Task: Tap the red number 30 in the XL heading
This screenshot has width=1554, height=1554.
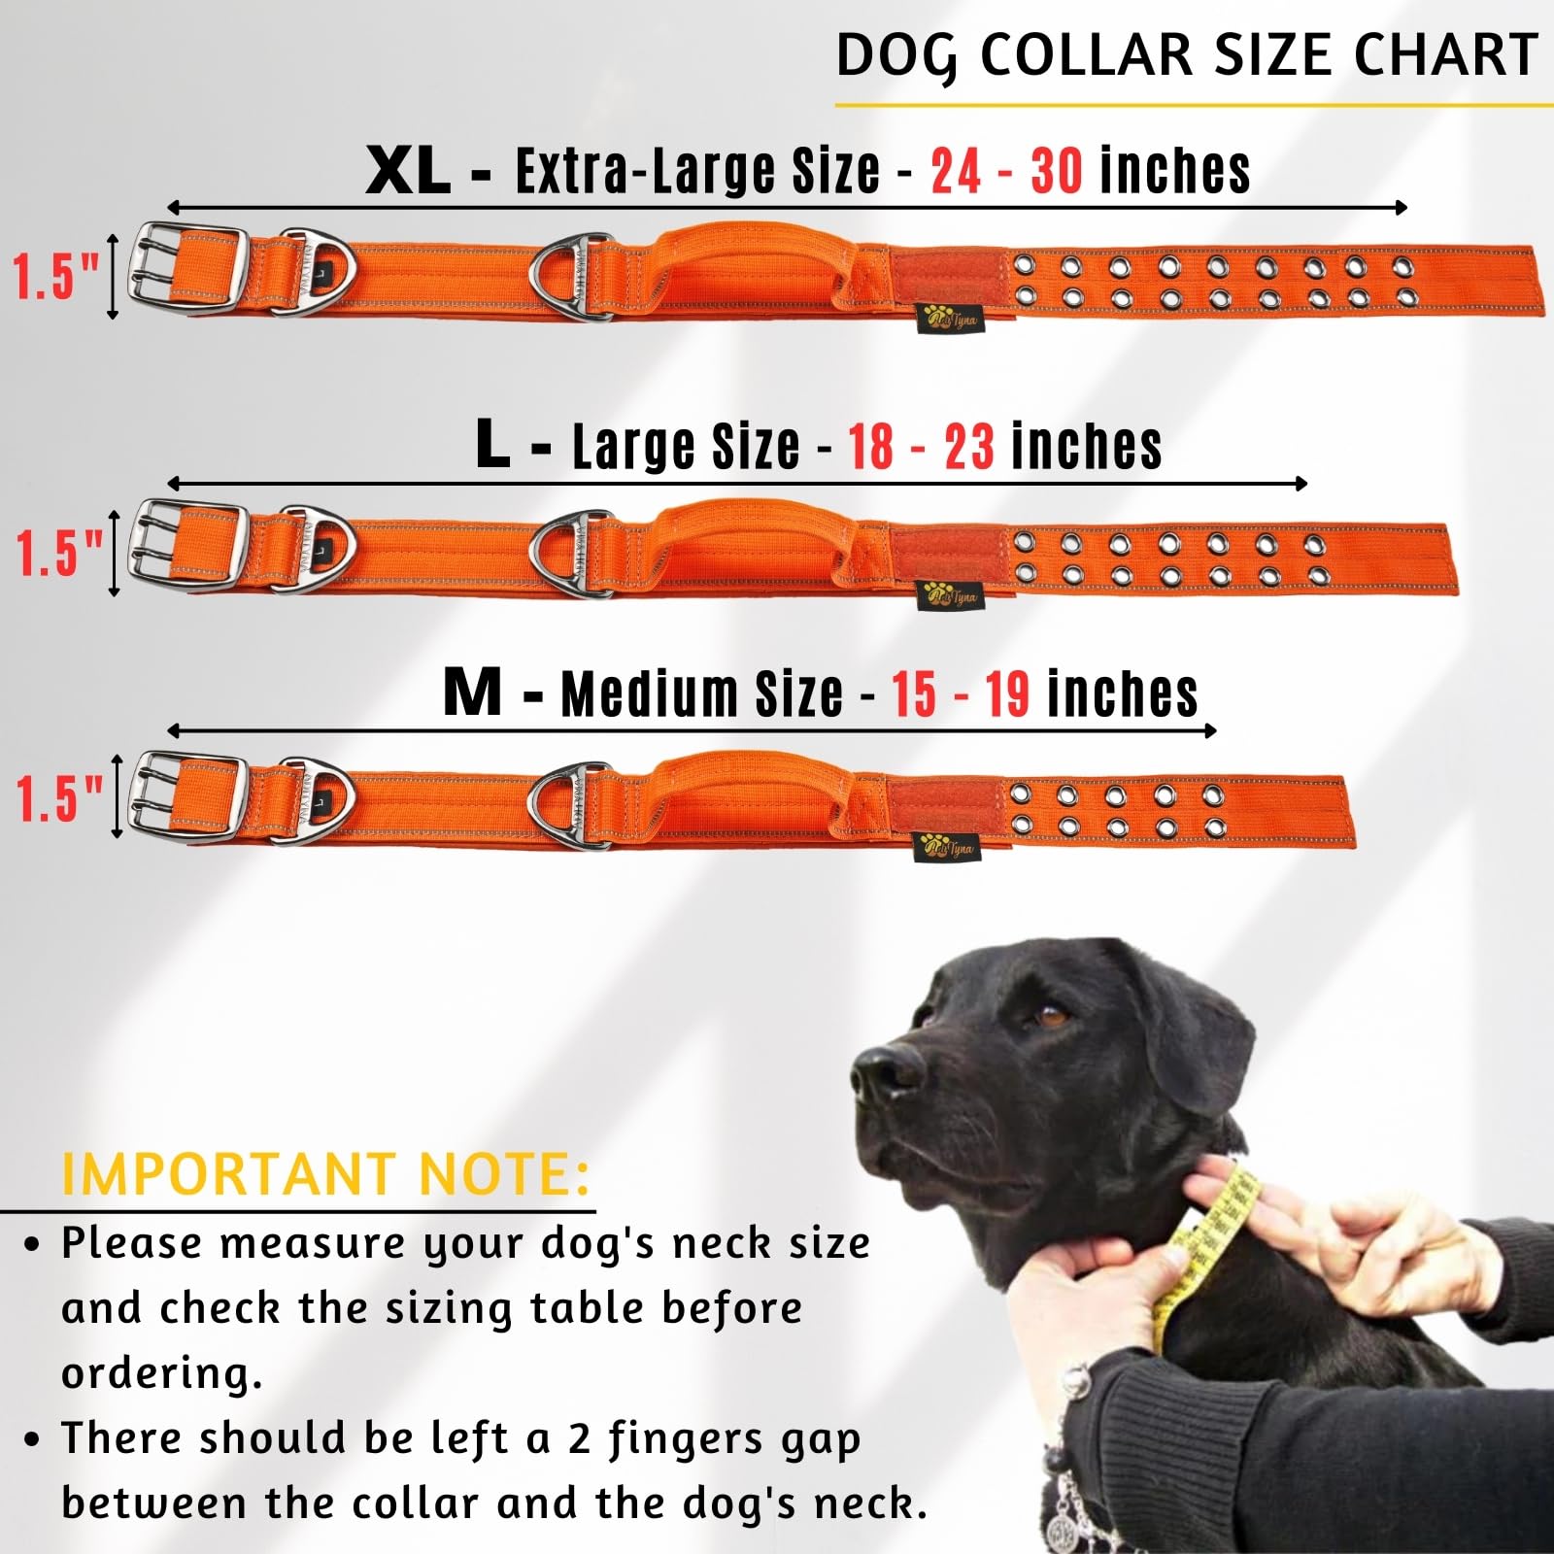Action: tap(1056, 172)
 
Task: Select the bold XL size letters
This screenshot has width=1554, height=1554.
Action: tap(408, 172)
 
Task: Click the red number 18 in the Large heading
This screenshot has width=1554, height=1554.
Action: tap(870, 447)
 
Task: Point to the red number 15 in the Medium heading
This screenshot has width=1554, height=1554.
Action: tap(913, 694)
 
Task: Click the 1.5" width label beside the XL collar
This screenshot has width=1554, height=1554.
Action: tap(56, 276)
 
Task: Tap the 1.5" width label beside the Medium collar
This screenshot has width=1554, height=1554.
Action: tap(58, 799)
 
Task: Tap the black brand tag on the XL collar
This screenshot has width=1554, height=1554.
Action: tap(951, 317)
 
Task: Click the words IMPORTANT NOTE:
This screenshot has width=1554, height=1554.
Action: tap(325, 1174)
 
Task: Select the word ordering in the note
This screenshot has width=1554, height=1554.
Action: tap(162, 1373)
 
